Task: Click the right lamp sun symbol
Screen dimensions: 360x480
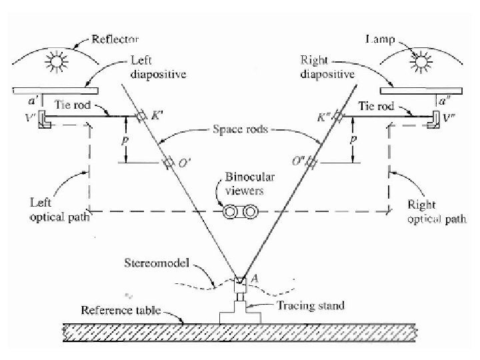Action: point(420,65)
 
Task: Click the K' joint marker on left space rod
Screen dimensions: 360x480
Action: point(141,117)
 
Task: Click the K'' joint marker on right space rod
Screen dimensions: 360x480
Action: point(339,117)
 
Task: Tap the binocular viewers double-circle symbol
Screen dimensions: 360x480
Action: point(240,212)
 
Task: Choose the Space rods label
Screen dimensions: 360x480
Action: point(241,130)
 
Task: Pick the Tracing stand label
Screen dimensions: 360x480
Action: point(311,306)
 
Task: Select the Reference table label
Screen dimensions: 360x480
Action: point(119,310)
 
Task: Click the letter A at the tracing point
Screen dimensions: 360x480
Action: point(245,279)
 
